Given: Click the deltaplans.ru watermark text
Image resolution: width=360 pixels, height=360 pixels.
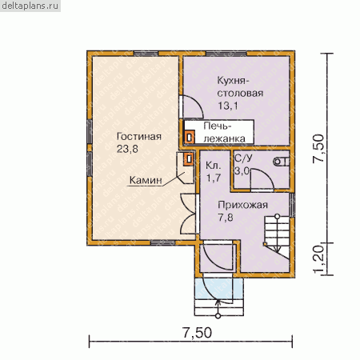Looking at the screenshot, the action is (x=30, y=6).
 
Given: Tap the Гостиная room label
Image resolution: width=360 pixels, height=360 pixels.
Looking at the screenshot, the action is (x=139, y=137).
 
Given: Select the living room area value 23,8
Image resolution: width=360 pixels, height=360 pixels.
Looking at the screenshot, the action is (x=127, y=149).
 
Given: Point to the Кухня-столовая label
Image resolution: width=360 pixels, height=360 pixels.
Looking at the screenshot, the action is (x=240, y=86).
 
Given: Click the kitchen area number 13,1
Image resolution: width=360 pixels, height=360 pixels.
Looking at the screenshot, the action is (x=228, y=106).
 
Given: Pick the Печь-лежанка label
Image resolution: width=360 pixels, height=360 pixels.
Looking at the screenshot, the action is (x=224, y=132).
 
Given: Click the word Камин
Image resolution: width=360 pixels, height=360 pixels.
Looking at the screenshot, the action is (x=146, y=180).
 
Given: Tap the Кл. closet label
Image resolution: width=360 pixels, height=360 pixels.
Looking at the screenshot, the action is (x=214, y=166).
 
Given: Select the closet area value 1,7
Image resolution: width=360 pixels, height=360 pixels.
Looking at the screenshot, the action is (x=214, y=178).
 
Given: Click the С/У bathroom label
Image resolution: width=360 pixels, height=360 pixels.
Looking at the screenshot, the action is (x=243, y=158).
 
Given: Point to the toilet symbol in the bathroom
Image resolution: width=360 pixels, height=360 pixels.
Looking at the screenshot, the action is (x=281, y=162).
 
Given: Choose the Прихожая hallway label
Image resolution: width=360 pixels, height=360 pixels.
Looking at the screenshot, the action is (x=242, y=205).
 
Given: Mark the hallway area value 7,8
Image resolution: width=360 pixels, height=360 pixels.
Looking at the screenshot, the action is (x=226, y=218).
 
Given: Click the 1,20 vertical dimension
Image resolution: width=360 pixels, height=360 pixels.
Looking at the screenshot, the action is (x=318, y=259).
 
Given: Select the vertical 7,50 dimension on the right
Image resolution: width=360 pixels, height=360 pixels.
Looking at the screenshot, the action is (x=318, y=148).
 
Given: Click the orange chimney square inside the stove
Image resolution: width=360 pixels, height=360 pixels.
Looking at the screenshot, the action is (x=190, y=138).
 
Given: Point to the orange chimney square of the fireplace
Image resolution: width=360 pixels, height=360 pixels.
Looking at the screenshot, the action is (x=189, y=159).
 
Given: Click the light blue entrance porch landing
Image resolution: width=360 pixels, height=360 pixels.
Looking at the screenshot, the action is (x=219, y=289).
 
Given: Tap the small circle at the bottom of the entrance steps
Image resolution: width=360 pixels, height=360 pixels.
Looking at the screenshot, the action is (x=218, y=316).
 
